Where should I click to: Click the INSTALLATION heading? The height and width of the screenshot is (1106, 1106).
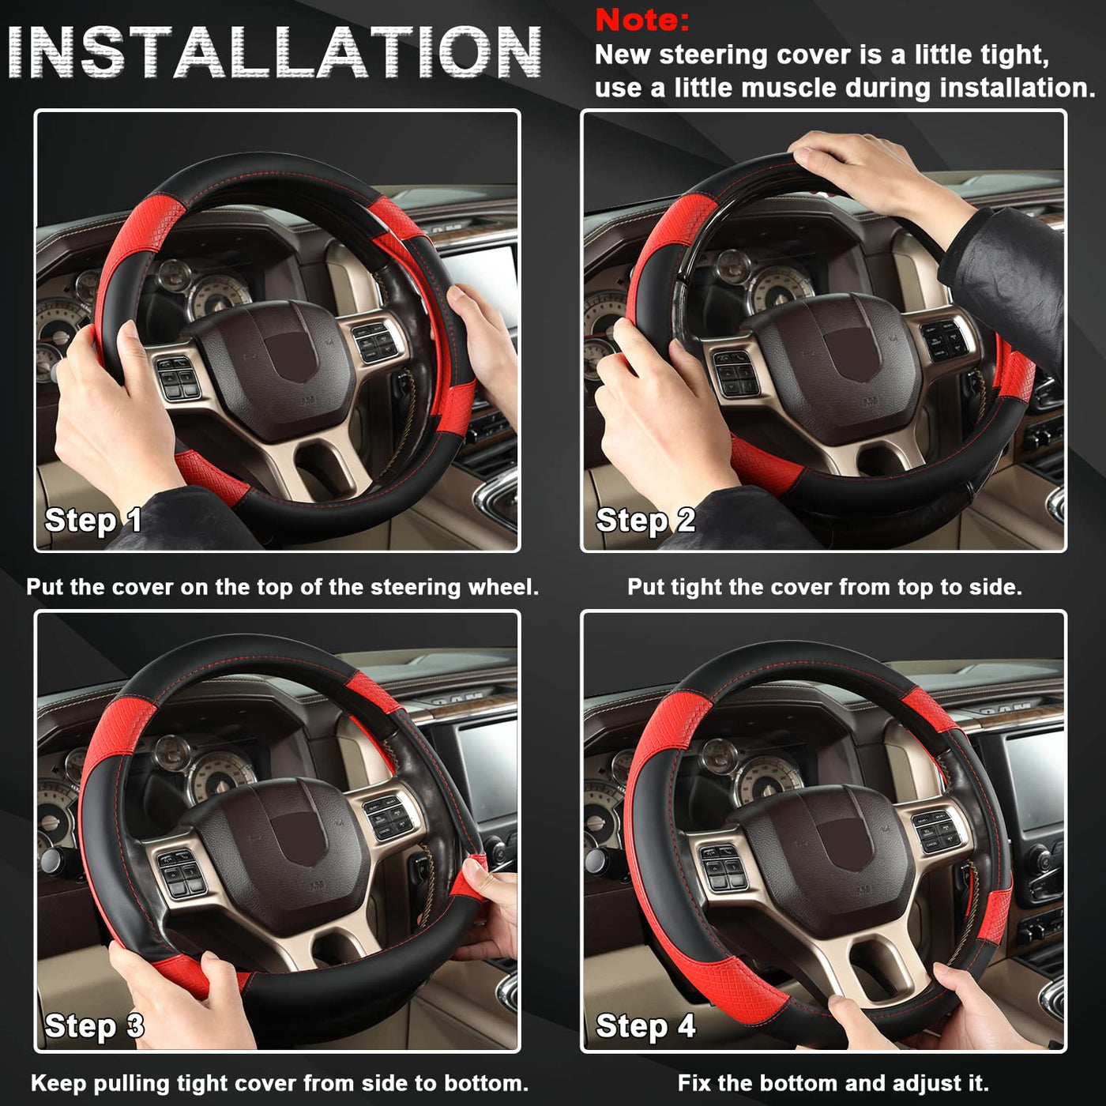tap(274, 52)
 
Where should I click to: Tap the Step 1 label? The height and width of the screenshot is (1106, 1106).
tap(93, 521)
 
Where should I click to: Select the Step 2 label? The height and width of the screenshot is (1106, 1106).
tap(645, 521)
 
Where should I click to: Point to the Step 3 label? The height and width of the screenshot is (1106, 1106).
tap(94, 1025)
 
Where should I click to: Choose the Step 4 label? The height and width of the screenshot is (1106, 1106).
tap(645, 1025)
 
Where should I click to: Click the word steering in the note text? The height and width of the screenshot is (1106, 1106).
tap(715, 55)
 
